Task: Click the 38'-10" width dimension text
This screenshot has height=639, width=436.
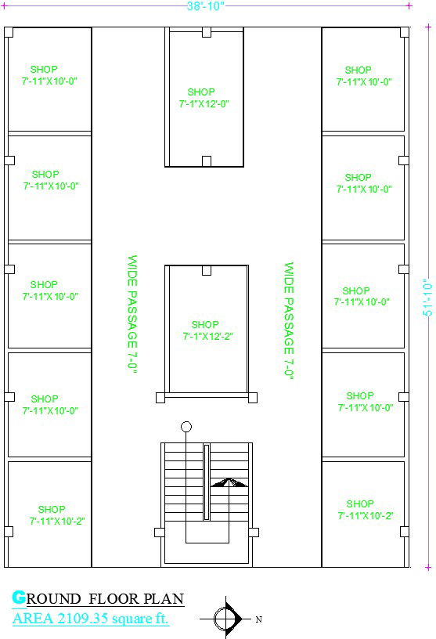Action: click(x=206, y=6)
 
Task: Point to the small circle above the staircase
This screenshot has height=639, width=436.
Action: click(x=186, y=427)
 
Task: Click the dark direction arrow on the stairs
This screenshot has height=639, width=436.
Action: click(x=229, y=483)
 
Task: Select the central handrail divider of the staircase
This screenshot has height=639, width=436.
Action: click(x=207, y=481)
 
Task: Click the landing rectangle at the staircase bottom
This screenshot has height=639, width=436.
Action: click(x=207, y=532)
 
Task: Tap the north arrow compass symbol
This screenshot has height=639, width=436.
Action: click(x=227, y=619)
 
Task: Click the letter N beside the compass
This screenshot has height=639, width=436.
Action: click(x=259, y=619)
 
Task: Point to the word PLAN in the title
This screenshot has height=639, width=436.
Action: click(x=168, y=600)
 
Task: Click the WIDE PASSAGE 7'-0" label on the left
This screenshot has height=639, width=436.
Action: click(x=132, y=313)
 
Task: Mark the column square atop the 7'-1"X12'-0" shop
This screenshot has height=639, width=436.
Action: click(x=207, y=33)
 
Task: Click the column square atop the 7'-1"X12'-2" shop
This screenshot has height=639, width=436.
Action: click(x=207, y=271)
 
